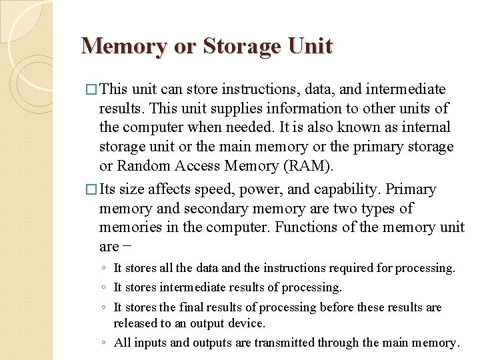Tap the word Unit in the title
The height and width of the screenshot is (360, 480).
pyautogui.click(x=309, y=47)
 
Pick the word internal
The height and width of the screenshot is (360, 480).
pyautogui.click(x=424, y=127)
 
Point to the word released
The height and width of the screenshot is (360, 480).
pyautogui.click(x=135, y=323)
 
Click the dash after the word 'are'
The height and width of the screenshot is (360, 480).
pyautogui.click(x=127, y=247)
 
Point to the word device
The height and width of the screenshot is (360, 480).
pyautogui.click(x=247, y=323)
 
